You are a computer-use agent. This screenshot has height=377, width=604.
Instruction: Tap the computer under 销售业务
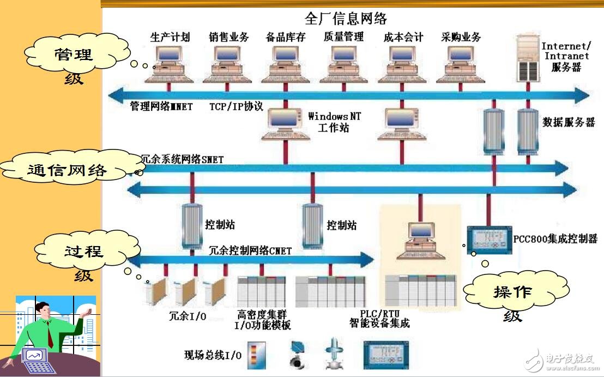tap(228, 63)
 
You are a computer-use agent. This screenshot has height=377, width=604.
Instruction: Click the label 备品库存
tap(286, 37)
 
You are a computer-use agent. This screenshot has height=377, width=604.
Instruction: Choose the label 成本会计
tap(403, 37)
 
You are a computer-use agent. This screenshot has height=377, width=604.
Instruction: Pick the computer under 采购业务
tap(461, 63)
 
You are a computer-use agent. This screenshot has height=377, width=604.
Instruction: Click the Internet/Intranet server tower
tap(528, 57)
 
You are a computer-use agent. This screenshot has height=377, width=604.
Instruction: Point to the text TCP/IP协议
tap(236, 106)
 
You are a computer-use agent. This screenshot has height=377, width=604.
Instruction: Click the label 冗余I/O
tap(188, 316)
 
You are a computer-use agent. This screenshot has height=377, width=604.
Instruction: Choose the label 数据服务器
tap(569, 122)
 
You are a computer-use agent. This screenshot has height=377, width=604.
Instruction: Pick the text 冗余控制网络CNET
tap(250, 251)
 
